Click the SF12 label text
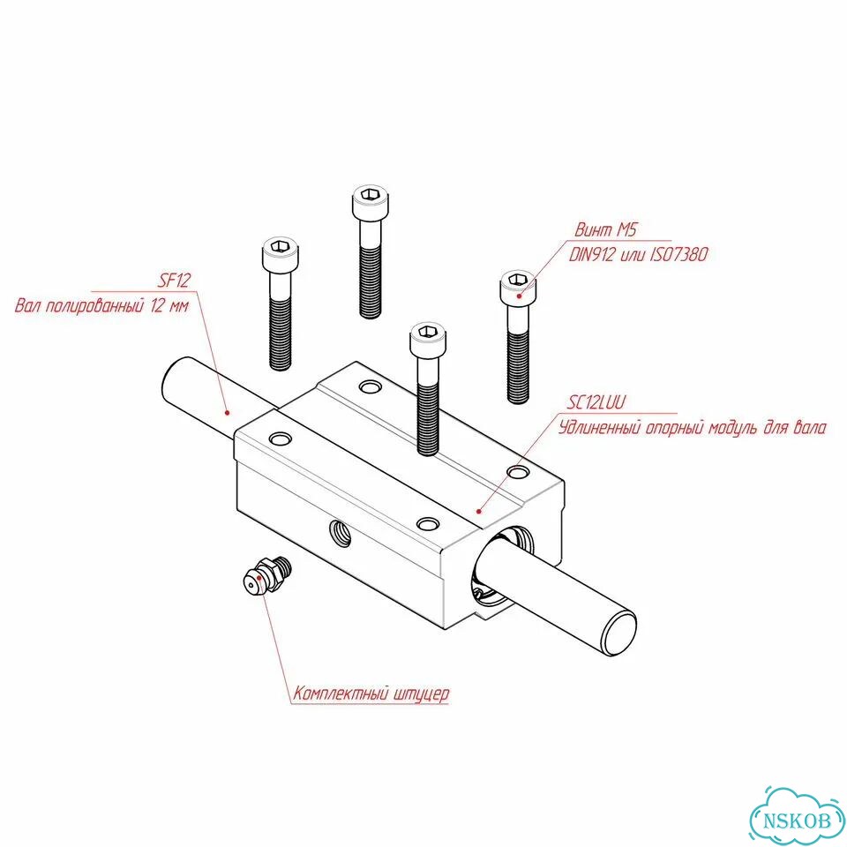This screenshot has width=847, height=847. (x=174, y=281)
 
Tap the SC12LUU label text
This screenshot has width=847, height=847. (x=596, y=402)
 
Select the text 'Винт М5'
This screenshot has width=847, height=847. (x=605, y=229)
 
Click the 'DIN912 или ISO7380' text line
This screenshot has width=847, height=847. (x=638, y=254)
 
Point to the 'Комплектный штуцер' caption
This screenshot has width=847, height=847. (x=371, y=693)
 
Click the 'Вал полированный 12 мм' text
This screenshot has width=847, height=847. (x=102, y=306)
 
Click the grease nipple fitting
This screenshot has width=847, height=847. (x=266, y=576)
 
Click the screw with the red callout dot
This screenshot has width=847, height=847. (x=518, y=336)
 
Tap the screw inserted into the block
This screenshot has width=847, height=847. (x=427, y=389)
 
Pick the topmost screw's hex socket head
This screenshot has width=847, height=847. (x=371, y=200)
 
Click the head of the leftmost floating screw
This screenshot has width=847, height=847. (x=281, y=253)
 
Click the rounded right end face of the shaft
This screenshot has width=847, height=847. (x=619, y=632)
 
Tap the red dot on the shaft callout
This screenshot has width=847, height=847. (x=228, y=413)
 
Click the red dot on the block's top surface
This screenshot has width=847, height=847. (x=478, y=511)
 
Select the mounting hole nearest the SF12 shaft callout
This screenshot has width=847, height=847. (x=280, y=438)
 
